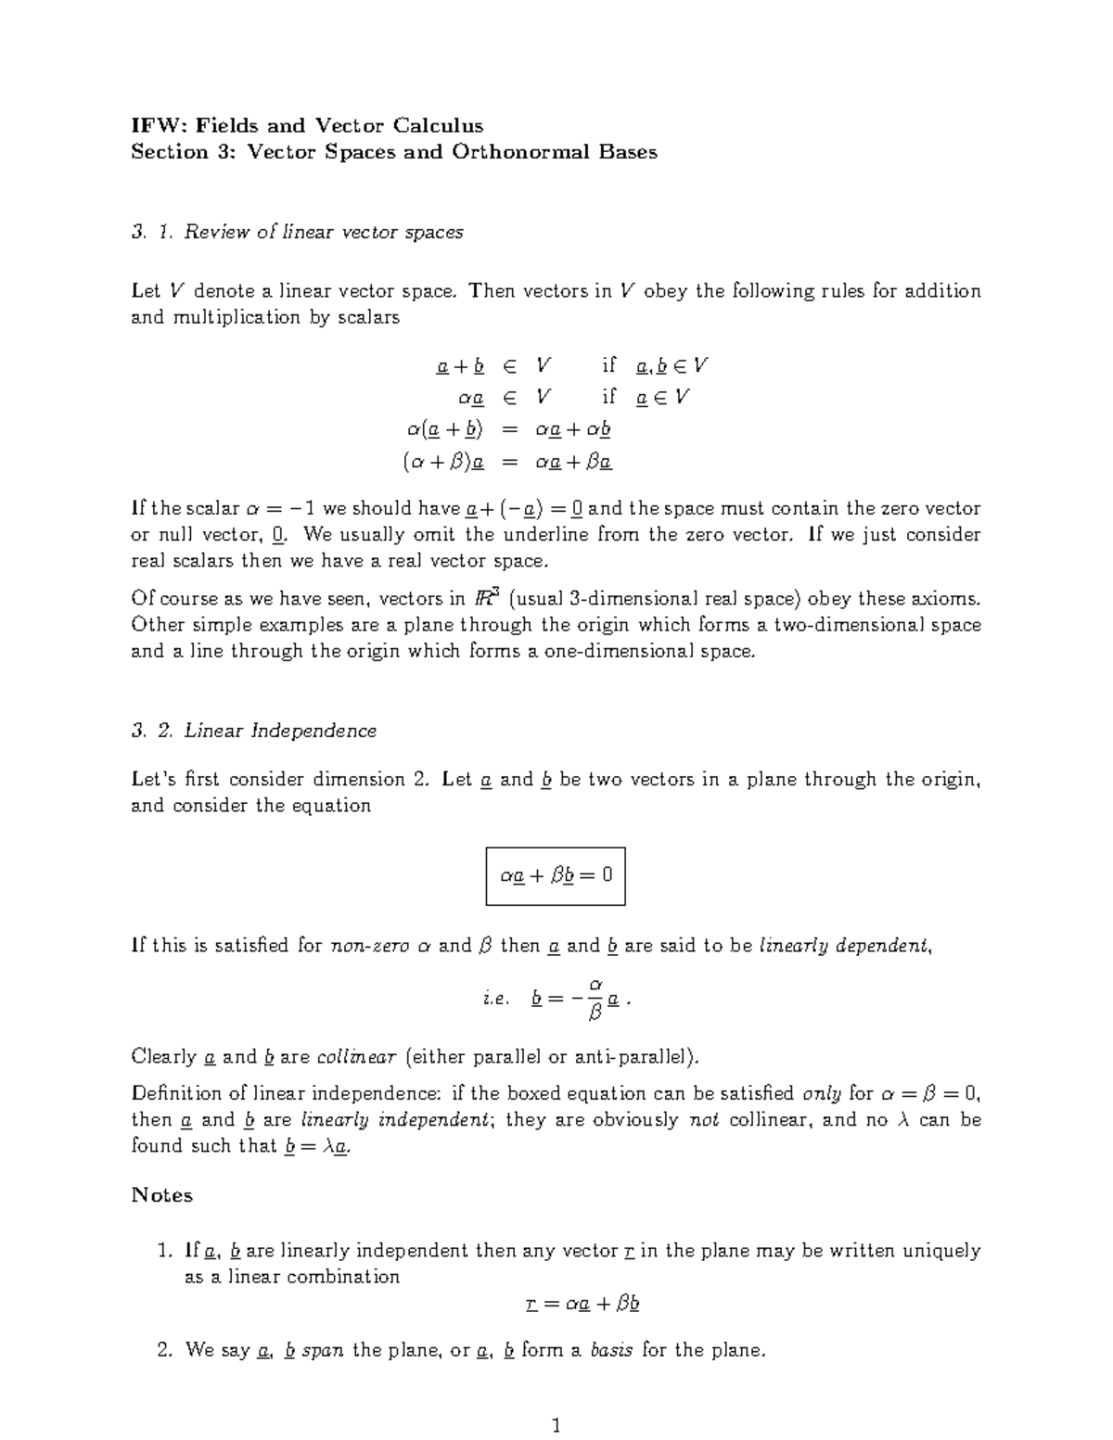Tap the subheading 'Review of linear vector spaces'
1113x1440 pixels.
(324, 232)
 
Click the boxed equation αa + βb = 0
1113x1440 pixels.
(556, 875)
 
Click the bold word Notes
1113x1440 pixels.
(162, 1195)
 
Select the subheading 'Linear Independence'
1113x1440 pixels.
(280, 731)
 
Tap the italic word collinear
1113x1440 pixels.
(357, 1056)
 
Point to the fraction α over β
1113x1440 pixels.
(595, 998)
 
